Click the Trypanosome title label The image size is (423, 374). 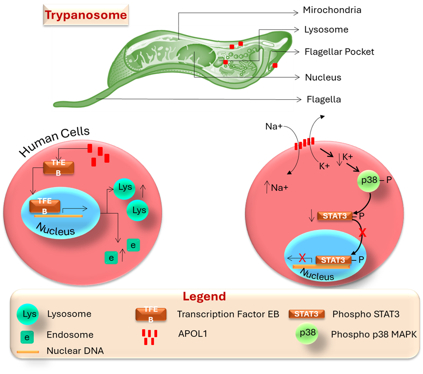86,15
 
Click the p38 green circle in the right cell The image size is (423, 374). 367,180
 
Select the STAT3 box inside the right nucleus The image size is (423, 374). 333,260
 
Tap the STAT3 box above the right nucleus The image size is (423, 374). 335,215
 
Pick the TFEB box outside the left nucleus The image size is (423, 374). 58,167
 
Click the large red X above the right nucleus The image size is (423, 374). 363,233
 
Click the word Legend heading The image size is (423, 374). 204,296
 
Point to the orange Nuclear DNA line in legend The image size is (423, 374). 28,351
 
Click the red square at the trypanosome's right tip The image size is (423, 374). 275,65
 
